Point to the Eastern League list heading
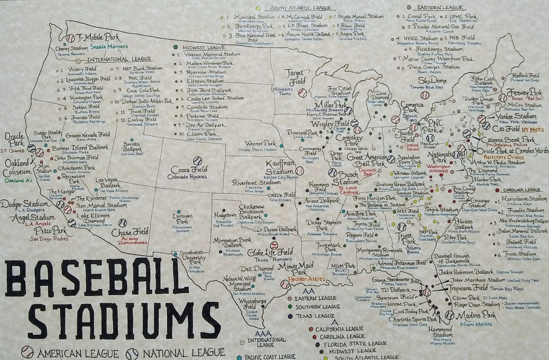[x=433, y=8]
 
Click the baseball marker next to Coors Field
[x=197, y=160]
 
